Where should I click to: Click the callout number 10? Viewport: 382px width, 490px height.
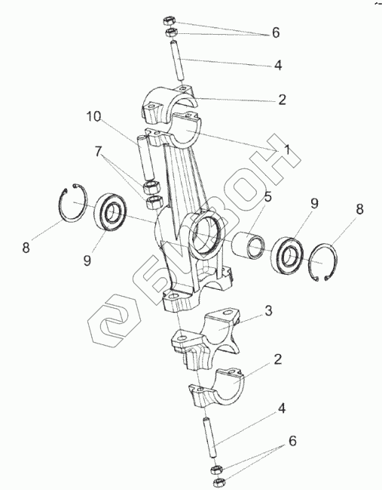[94, 116]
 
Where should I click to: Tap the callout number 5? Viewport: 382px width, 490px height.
[267, 197]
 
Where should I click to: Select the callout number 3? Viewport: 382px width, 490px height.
[268, 310]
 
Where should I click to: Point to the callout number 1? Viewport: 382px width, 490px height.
[287, 149]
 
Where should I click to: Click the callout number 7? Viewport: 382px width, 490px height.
[98, 152]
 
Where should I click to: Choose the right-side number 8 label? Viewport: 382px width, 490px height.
[359, 209]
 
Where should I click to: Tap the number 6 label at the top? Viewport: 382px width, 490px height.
[276, 32]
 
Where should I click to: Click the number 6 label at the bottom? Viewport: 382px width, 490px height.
[292, 441]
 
